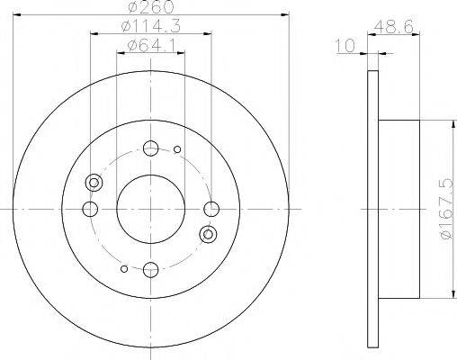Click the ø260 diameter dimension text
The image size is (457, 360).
[149, 8]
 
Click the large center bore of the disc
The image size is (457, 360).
[150, 209]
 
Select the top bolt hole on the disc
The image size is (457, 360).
[150, 149]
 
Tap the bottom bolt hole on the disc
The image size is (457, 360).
[150, 268]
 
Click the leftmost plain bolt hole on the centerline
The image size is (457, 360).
[90, 209]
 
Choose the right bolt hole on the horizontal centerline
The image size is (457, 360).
[211, 209]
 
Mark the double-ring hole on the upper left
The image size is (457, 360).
[93, 184]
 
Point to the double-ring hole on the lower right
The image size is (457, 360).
[209, 235]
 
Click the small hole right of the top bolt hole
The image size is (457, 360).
[177, 149]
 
